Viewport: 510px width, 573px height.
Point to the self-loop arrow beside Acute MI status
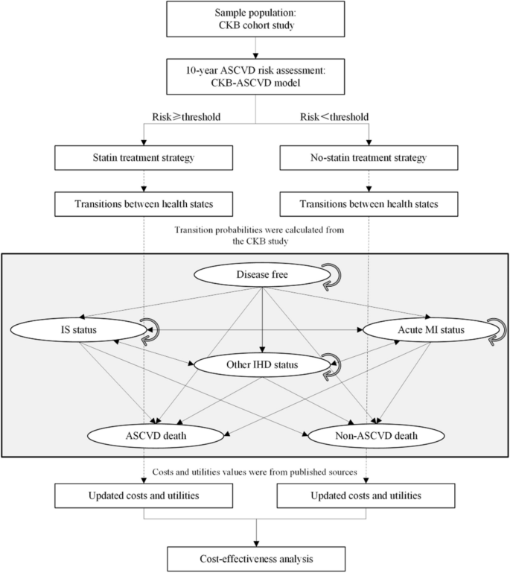(494, 331)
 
